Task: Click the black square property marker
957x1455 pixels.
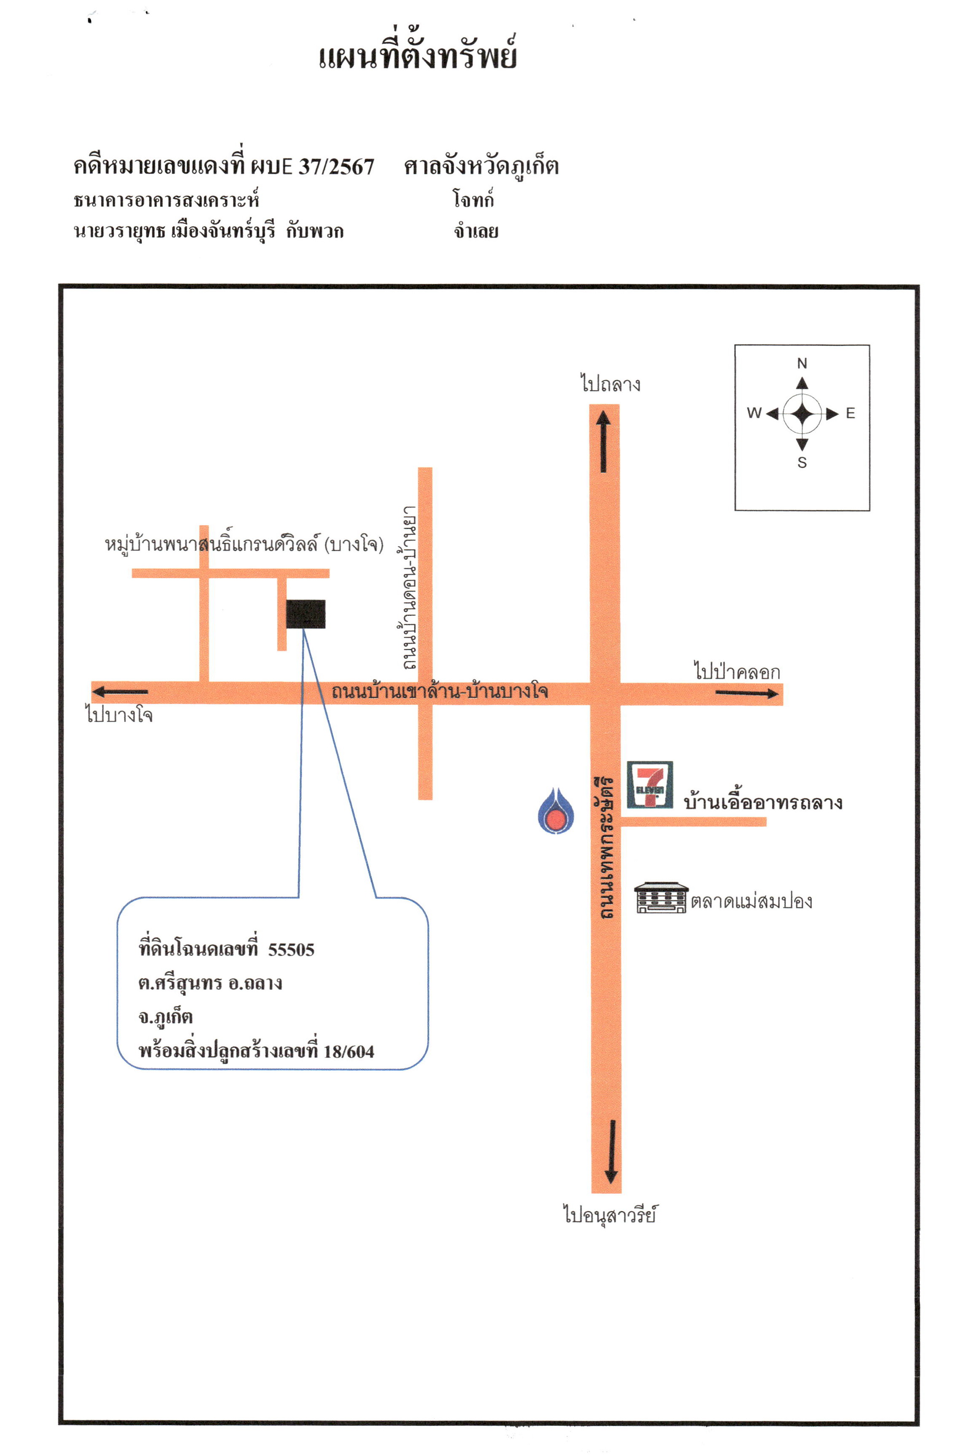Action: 306,614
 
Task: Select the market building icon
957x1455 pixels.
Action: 660,897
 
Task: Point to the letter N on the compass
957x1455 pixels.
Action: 802,363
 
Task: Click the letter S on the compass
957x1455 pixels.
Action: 802,463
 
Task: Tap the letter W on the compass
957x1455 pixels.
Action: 754,413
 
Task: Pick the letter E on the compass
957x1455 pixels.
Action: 850,413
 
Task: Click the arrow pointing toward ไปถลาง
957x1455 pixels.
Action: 603,441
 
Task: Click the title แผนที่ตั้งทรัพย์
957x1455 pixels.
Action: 418,54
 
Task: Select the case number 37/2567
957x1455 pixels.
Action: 336,166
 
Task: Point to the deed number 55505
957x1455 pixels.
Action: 291,949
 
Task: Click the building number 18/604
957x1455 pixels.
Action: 349,1051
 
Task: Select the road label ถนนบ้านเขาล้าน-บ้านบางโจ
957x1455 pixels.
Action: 440,691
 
